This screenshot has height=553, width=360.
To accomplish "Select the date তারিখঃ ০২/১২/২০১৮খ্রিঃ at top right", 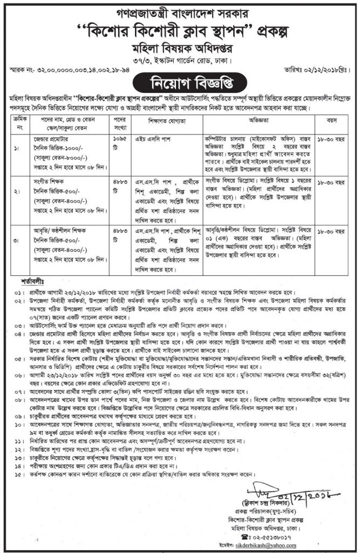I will pyautogui.click(x=314, y=70).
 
